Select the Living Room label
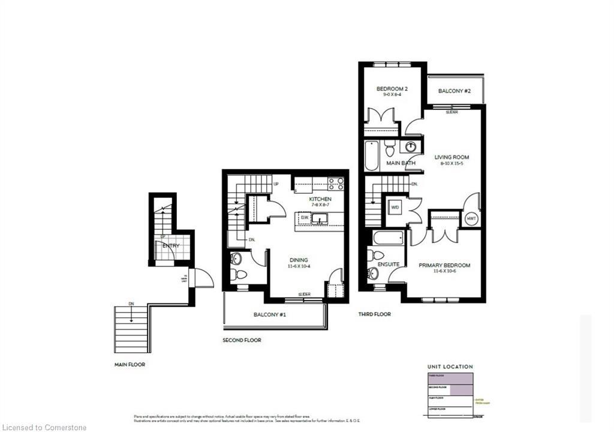pyautogui.click(x=452, y=157)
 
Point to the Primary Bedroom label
pyautogui.click(x=445, y=265)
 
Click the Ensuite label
pyautogui.click(x=389, y=264)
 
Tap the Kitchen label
pyautogui.click(x=320, y=199)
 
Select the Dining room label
pyautogui.click(x=298, y=260)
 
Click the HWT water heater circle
pyautogui.click(x=471, y=218)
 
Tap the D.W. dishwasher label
pyautogui.click(x=304, y=217)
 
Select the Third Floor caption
pyautogui.click(x=375, y=314)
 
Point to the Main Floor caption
pyautogui.click(x=130, y=364)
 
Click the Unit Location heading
pyautogui.click(x=450, y=366)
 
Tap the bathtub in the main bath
pyautogui.click(x=372, y=155)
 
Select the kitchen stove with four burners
pyautogui.click(x=336, y=184)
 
